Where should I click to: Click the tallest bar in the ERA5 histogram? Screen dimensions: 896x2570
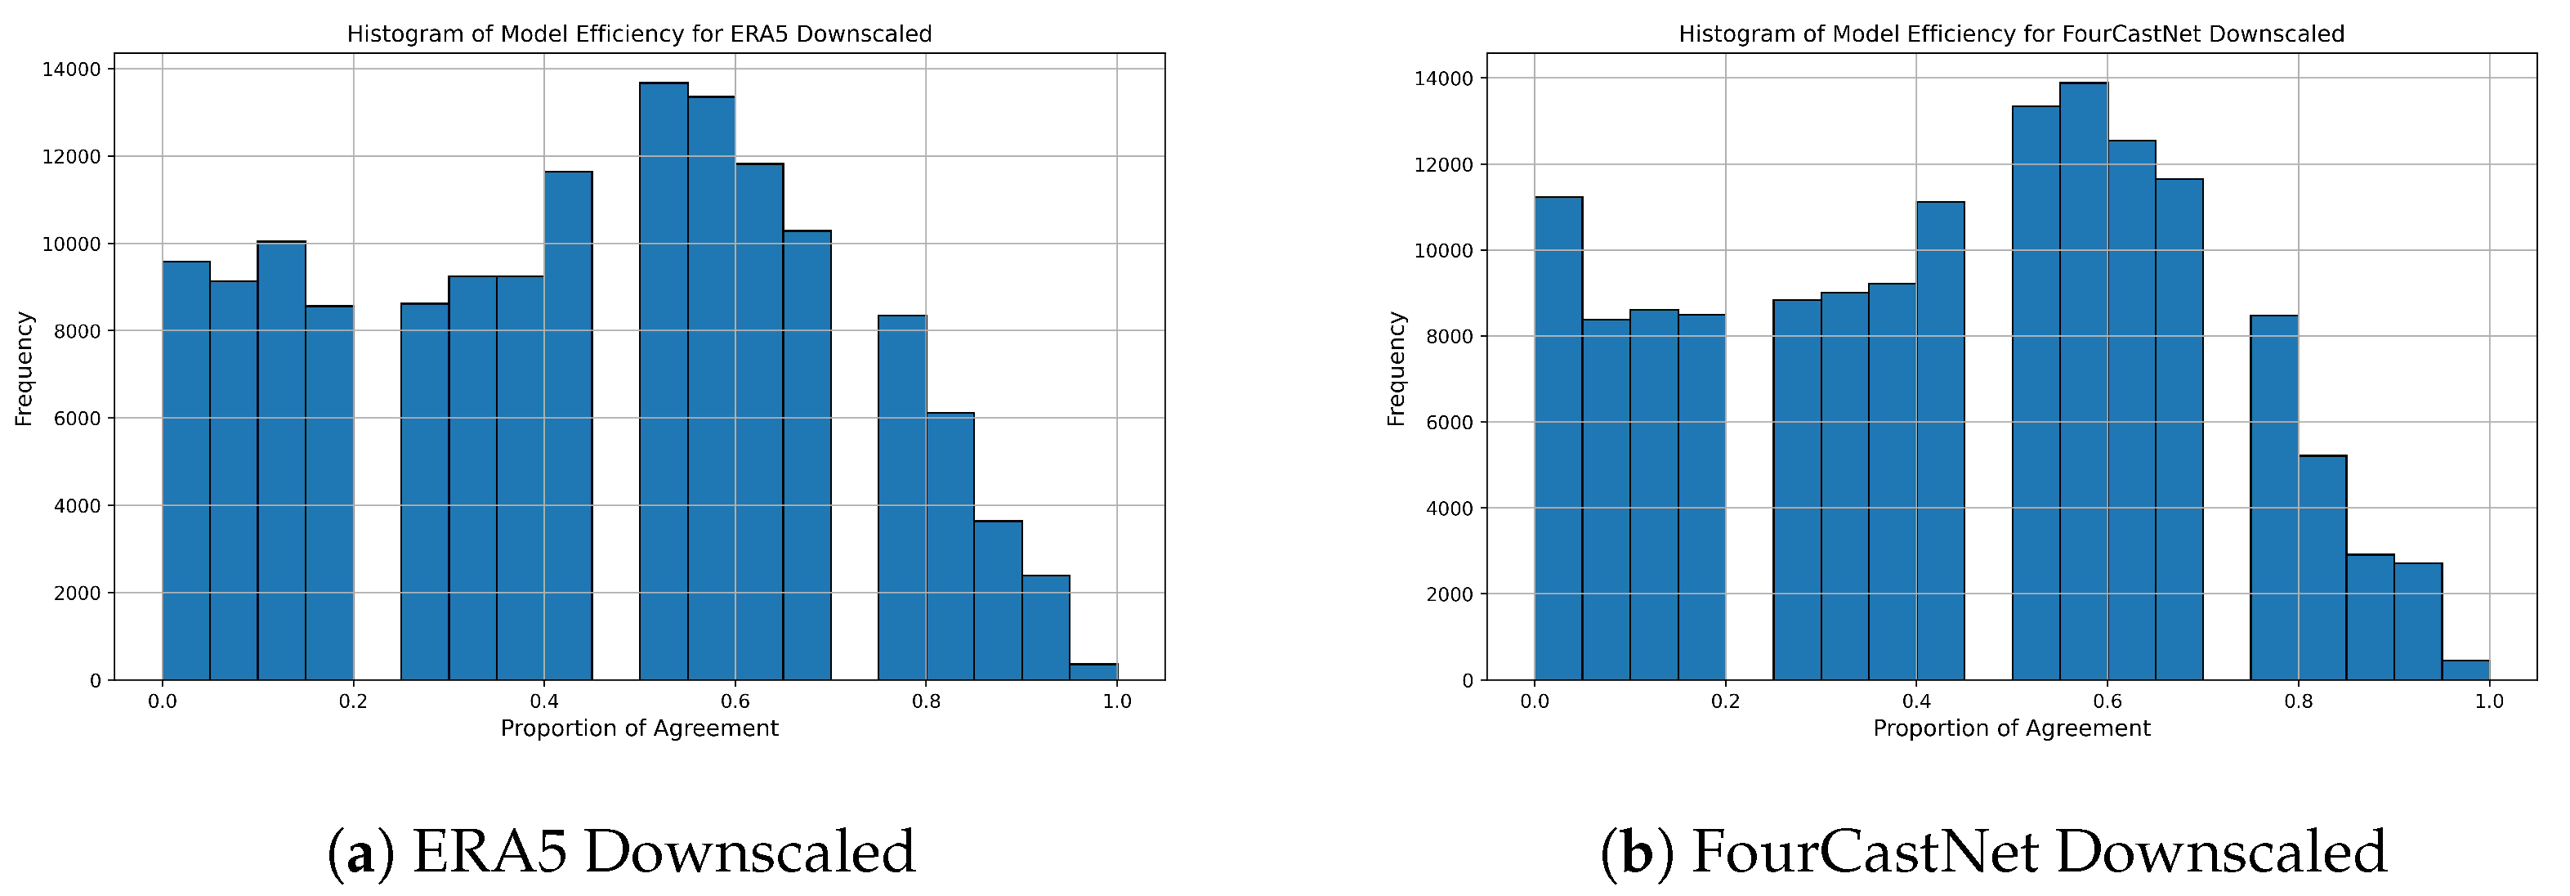tap(664, 379)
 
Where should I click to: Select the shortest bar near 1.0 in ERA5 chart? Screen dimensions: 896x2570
tap(1093, 671)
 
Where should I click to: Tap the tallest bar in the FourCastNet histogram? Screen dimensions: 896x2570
tap(2083, 379)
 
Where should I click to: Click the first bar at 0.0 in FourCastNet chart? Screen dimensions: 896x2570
tap(1558, 439)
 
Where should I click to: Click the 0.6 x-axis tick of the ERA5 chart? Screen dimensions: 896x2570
tap(735, 701)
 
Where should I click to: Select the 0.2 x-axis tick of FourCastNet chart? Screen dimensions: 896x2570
tap(1725, 701)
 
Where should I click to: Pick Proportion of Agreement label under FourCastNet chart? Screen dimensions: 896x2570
tap(2011, 728)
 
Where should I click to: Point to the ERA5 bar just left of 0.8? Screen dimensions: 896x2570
tap(902, 499)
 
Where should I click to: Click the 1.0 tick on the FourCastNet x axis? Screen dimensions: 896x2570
tap(2489, 701)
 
